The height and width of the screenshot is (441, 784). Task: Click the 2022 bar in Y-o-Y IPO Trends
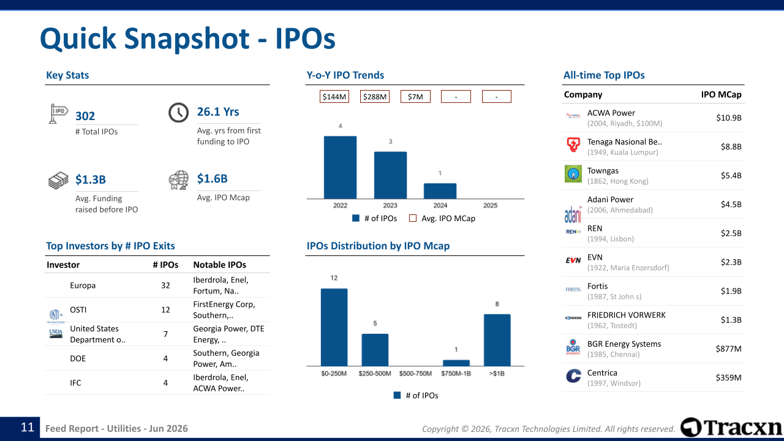(x=340, y=167)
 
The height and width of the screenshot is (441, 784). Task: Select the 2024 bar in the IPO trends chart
(x=440, y=191)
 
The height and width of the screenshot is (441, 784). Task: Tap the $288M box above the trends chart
(x=375, y=97)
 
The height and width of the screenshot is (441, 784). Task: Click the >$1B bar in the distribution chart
(x=497, y=340)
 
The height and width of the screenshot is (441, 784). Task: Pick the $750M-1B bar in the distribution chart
(x=456, y=363)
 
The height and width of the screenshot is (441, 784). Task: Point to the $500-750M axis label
(x=415, y=374)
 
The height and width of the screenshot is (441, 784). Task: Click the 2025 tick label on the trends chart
(x=490, y=205)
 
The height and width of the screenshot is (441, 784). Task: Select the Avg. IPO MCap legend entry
(x=442, y=219)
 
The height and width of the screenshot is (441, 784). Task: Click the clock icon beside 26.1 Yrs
(x=178, y=112)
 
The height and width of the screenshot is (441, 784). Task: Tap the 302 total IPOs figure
(x=85, y=116)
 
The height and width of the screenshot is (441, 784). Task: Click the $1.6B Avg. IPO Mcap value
(x=212, y=178)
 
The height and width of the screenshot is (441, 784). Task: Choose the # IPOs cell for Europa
(x=165, y=285)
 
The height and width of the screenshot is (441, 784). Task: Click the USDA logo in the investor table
(x=56, y=333)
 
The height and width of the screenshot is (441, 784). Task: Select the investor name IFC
(x=75, y=383)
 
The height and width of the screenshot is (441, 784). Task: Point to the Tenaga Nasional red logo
(x=573, y=144)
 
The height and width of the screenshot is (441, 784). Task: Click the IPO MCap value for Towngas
(x=731, y=175)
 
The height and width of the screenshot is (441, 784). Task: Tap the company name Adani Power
(x=610, y=200)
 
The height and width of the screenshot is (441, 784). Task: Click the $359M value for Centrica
(x=728, y=377)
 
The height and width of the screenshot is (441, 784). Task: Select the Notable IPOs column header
(x=219, y=265)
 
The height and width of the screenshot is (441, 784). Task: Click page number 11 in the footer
(x=28, y=428)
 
